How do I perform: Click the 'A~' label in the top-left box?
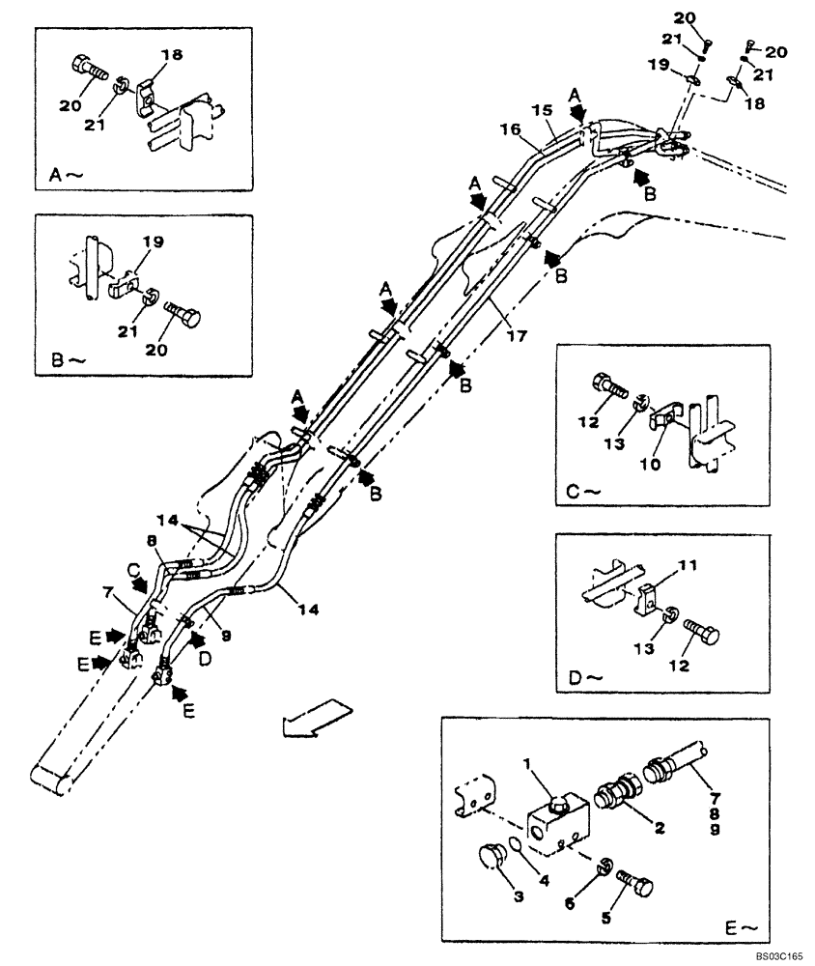click(63, 175)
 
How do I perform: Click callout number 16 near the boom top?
click(509, 128)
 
